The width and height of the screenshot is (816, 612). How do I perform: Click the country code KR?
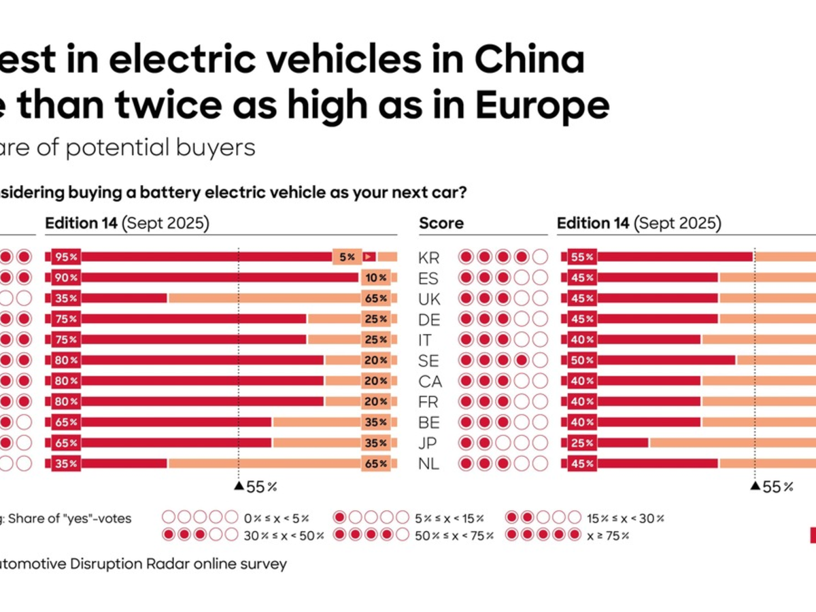(429, 258)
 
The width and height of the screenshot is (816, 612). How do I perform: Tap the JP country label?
(429, 443)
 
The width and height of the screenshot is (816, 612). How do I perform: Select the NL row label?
(429, 464)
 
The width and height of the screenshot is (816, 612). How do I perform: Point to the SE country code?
(429, 360)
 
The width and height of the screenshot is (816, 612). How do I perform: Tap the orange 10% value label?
(375, 277)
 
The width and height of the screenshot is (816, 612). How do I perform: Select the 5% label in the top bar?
(347, 257)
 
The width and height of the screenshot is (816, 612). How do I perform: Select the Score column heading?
(441, 223)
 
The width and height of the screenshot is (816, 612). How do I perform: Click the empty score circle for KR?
(540, 257)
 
